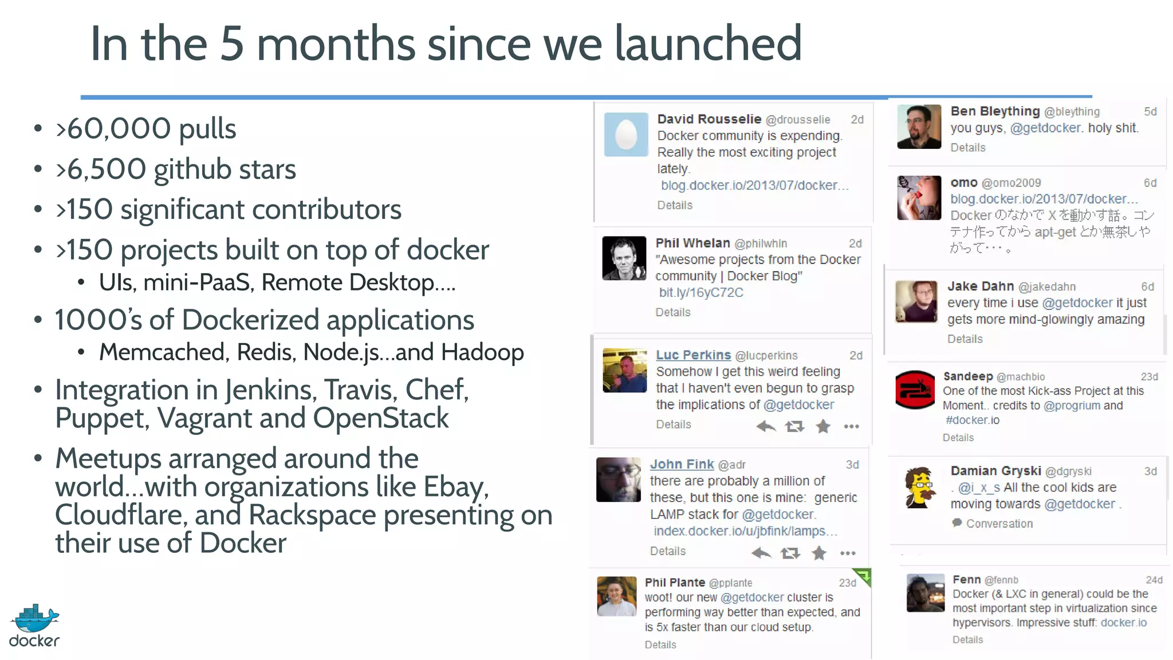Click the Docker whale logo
[x=34, y=619]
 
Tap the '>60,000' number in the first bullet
[x=113, y=129]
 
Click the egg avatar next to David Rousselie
[x=626, y=135]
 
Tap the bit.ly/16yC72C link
[x=701, y=293]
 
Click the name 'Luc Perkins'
[x=693, y=355]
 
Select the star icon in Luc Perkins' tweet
[x=823, y=426]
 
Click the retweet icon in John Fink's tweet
[x=790, y=553]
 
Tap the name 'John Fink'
[x=682, y=465]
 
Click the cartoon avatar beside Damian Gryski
[x=919, y=488]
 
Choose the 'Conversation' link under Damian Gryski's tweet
[x=999, y=524]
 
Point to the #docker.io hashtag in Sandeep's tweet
[x=972, y=421]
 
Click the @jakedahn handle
[x=1047, y=287]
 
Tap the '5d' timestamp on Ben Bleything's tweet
[x=1150, y=112]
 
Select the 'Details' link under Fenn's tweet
[x=967, y=640]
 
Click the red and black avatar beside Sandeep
[x=915, y=390]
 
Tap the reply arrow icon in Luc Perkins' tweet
[x=766, y=426]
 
